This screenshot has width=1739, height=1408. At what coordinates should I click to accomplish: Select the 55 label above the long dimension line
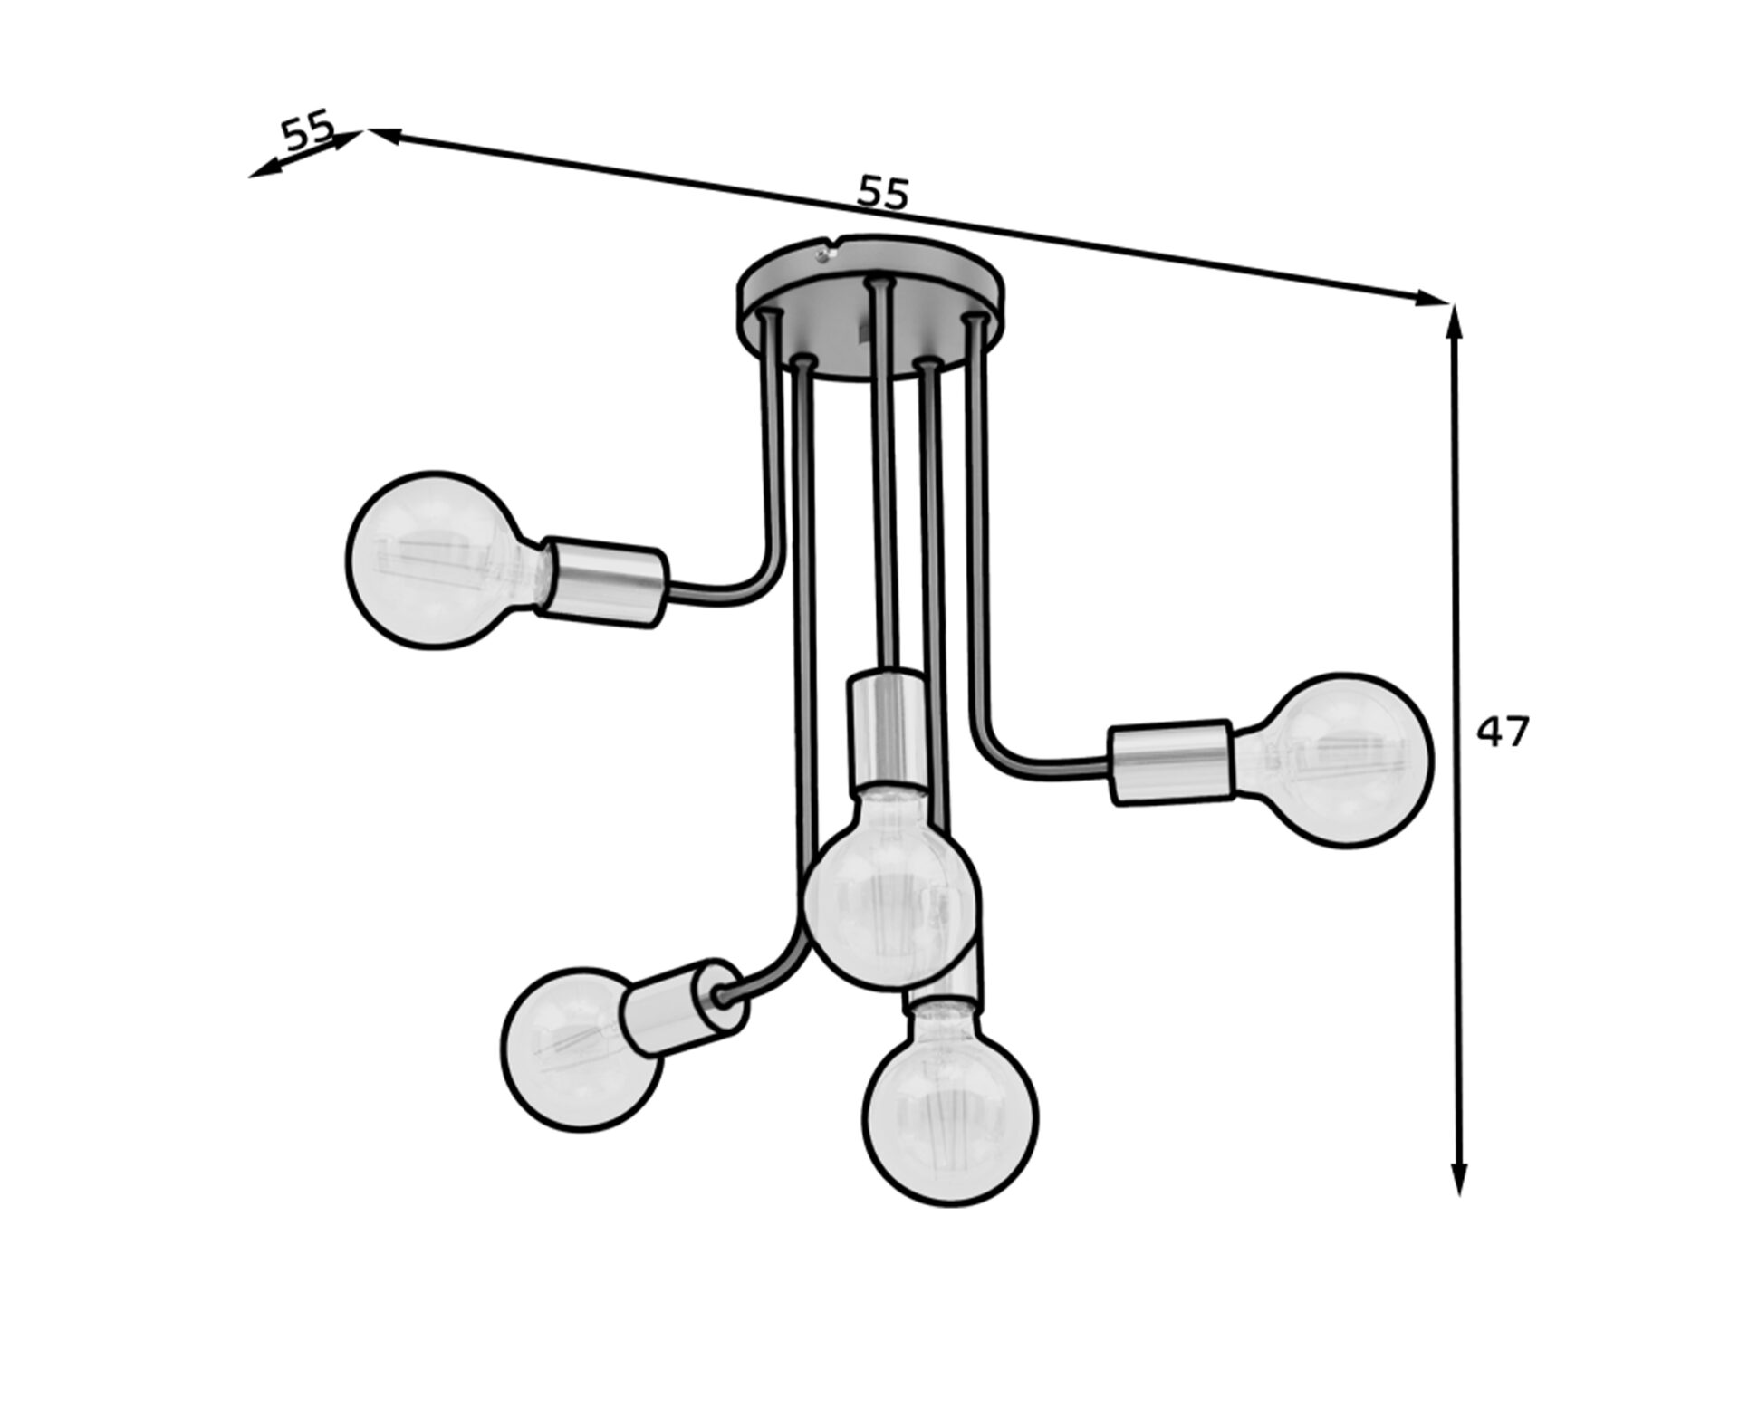click(882, 193)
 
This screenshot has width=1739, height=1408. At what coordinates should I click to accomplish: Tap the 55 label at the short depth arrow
click(308, 132)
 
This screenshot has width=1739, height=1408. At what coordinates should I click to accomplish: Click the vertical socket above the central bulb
click(884, 730)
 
